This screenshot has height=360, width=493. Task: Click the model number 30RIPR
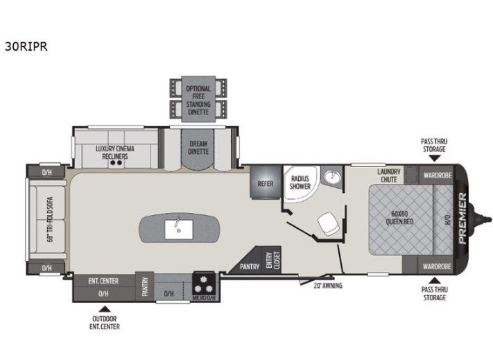click(26, 46)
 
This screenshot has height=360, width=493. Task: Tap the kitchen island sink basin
click(179, 230)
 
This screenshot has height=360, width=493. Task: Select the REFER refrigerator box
click(266, 182)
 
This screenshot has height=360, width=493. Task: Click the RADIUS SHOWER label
click(300, 182)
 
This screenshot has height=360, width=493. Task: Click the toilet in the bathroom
click(329, 222)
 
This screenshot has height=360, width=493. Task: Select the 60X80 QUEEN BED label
click(399, 218)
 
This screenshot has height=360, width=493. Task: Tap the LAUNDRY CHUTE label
click(389, 175)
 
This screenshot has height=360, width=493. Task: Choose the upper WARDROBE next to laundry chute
click(438, 175)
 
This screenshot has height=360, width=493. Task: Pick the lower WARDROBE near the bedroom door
click(437, 266)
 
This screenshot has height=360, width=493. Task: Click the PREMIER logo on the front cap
click(462, 218)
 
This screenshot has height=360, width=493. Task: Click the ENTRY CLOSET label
click(273, 260)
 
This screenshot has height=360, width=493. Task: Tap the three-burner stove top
click(203, 284)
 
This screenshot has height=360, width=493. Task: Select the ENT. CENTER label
click(103, 281)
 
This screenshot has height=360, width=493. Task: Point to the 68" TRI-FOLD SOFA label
click(50, 219)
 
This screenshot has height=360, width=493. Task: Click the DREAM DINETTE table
click(198, 148)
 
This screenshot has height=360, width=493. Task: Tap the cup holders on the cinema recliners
click(116, 163)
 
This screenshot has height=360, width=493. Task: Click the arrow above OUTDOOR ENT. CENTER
click(105, 309)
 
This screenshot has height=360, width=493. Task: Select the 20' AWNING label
click(328, 286)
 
